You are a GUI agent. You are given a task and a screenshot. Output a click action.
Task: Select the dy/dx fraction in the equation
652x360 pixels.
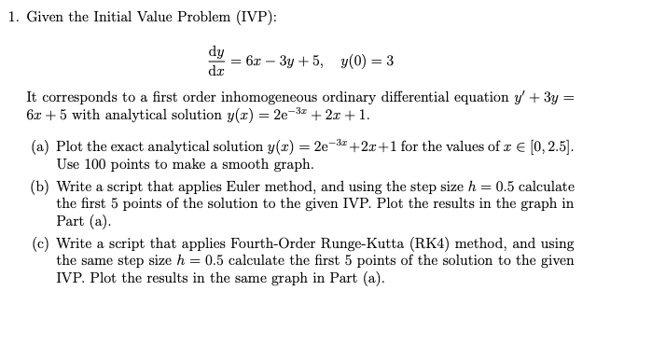point(216,61)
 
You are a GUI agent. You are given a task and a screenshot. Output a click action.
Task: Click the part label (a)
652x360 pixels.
point(41,147)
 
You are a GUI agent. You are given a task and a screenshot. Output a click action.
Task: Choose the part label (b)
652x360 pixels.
point(41,187)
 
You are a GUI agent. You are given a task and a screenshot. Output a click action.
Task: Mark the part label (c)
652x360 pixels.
point(41,242)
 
